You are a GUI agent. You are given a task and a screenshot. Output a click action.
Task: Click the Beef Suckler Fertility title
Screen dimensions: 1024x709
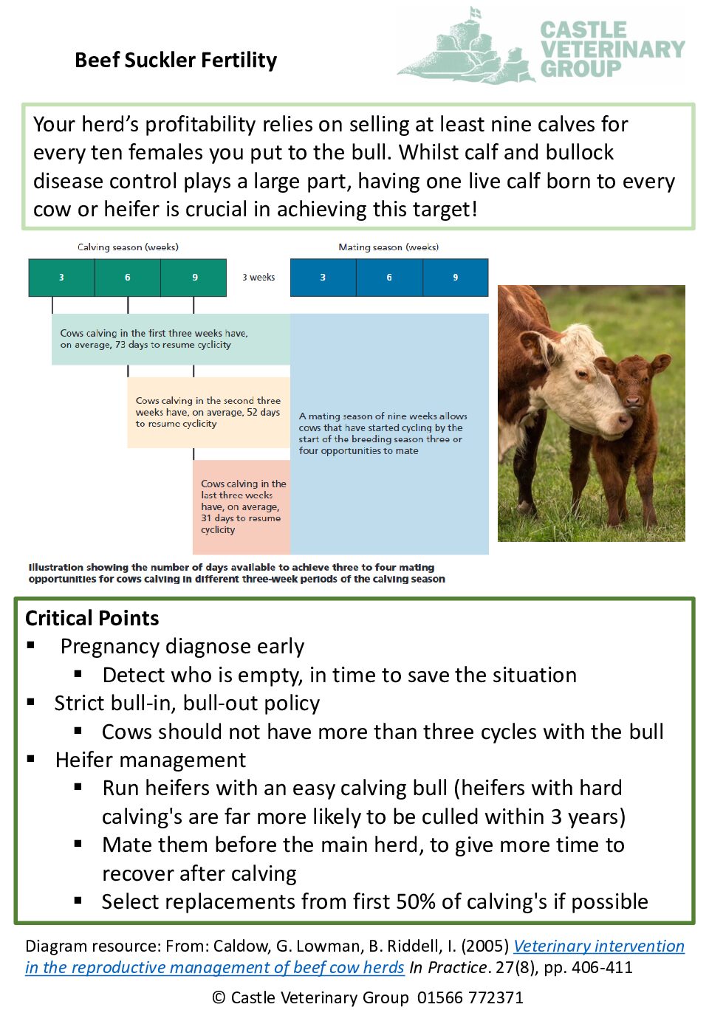(176, 61)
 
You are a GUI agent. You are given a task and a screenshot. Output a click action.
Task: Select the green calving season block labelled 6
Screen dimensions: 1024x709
(127, 278)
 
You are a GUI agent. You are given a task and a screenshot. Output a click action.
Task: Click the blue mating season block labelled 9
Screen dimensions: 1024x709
(455, 278)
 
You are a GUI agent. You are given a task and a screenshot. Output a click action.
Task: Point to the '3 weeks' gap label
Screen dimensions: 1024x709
(258, 278)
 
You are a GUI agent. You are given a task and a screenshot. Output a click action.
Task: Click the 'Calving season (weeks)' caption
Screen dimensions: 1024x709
(128, 247)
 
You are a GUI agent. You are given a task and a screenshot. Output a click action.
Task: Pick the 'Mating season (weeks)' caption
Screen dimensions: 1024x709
(388, 247)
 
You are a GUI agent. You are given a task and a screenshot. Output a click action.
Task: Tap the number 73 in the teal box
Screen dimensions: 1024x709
(120, 345)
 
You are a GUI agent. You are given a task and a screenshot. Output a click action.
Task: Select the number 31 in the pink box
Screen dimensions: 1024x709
(206, 518)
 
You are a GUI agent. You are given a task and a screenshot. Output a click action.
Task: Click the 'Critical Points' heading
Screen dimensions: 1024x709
(92, 618)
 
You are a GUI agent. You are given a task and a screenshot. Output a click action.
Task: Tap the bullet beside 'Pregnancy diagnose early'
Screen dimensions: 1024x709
(31, 645)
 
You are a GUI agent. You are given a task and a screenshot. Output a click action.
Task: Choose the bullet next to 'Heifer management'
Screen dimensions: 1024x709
(31, 759)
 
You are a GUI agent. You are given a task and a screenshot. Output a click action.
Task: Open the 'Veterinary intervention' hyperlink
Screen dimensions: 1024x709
(598, 946)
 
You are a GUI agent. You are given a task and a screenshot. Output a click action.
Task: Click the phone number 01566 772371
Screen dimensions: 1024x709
(470, 997)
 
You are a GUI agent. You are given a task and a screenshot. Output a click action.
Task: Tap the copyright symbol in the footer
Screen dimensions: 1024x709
(219, 997)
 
